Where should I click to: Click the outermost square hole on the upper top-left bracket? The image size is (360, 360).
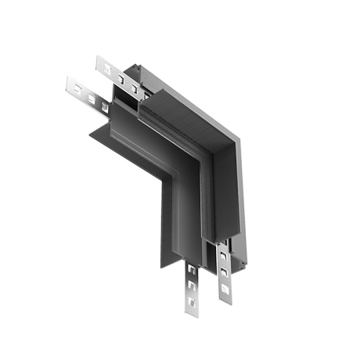coord(106,66)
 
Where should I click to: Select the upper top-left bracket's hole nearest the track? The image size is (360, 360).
coord(134,87)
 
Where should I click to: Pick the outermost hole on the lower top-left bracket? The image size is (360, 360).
coord(79,88)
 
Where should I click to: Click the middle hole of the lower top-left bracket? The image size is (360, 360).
coord(92,98)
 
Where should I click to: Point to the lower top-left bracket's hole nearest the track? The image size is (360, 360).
coord(104,107)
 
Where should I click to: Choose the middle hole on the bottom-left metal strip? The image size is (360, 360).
coord(192,284)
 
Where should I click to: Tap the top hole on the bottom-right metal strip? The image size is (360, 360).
coord(224,255)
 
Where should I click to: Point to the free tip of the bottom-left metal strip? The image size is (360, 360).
coord(192,315)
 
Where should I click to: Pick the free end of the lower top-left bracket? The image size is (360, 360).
coord(70,81)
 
